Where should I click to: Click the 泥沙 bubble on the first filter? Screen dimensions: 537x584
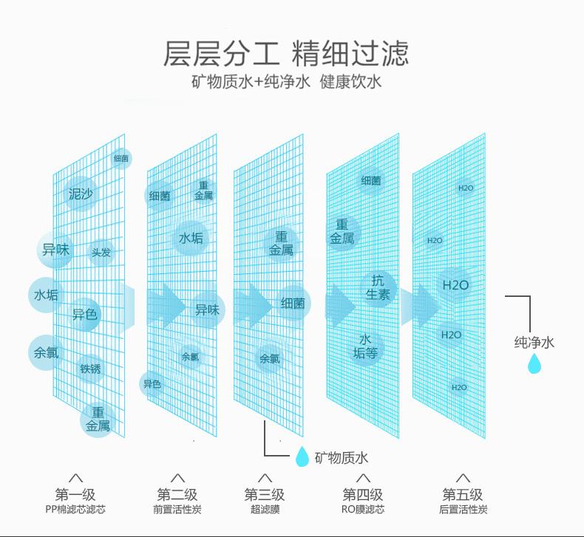(81, 194)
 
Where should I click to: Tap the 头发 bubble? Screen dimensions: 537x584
(101, 253)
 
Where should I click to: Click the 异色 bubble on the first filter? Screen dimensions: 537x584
(84, 314)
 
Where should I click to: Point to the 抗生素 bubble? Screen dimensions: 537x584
(378, 287)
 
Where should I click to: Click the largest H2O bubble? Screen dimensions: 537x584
(455, 285)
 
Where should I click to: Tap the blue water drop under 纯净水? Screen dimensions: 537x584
(534, 363)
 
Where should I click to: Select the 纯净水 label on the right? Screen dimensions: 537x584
(534, 342)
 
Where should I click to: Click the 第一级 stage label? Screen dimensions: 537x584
(75, 494)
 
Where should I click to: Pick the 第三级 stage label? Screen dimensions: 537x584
(265, 494)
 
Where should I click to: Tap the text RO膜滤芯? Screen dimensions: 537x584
(362, 510)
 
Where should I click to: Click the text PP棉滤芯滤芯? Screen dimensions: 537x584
(75, 510)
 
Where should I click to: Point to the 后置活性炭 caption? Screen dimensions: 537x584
(464, 510)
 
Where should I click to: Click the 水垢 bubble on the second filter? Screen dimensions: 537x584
(191, 238)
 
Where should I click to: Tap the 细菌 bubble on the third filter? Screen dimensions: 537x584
(293, 303)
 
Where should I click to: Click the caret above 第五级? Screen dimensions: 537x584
(464, 478)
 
